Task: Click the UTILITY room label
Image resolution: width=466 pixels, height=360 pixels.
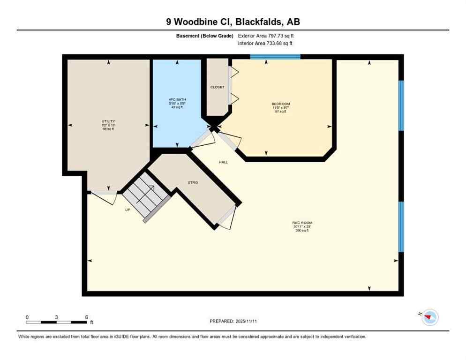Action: click(108, 121)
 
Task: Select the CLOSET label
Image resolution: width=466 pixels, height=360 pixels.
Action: click(217, 87)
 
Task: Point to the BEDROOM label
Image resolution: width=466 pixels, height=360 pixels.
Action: click(281, 104)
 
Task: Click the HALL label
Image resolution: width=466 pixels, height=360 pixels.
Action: click(223, 162)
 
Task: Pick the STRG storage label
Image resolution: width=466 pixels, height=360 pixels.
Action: click(193, 182)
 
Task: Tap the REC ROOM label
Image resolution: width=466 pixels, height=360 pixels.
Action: click(302, 223)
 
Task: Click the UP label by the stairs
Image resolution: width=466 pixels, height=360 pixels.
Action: click(128, 210)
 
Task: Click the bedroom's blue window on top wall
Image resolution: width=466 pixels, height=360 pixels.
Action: click(275, 57)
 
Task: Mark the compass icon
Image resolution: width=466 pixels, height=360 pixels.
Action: click(429, 317)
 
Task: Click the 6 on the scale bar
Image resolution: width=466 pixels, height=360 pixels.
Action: click(87, 317)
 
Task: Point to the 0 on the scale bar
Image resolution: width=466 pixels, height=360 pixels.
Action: click(27, 317)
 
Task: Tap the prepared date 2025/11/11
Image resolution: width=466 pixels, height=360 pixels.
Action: click(233, 321)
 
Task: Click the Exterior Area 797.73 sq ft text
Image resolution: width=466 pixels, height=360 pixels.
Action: click(266, 36)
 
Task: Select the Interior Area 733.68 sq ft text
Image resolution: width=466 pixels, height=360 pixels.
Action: click(266, 44)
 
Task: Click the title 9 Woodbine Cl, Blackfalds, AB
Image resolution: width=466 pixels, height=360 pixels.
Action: click(233, 22)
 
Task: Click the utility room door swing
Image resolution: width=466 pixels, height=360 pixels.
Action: click(106, 197)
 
